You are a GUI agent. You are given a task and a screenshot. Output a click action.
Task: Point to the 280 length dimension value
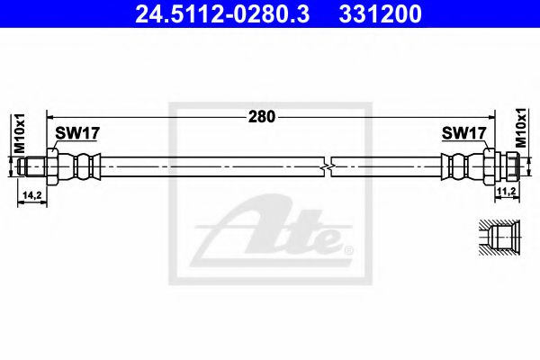pyautogui.click(x=263, y=116)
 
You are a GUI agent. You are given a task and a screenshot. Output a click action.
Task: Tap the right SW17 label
pyautogui.click(x=464, y=134)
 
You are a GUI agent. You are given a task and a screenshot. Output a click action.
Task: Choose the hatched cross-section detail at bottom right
pyautogui.click(x=496, y=237)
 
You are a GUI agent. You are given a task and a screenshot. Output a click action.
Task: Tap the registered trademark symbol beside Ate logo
pyautogui.click(x=349, y=247)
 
